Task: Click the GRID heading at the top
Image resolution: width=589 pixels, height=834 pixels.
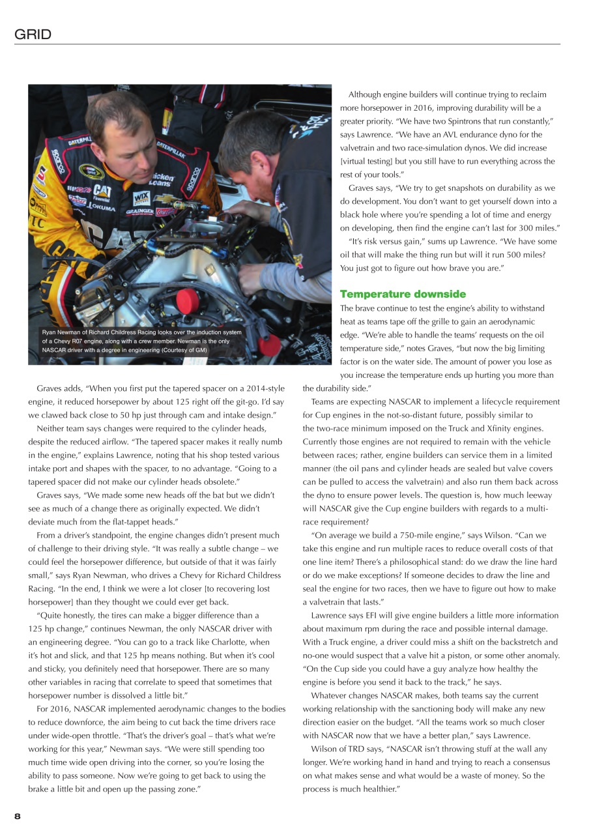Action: click(x=33, y=35)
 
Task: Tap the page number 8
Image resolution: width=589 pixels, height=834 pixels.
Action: click(x=18, y=816)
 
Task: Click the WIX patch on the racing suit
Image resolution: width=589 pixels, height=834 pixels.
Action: click(x=141, y=197)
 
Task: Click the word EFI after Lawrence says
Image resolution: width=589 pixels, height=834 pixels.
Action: click(x=376, y=615)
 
